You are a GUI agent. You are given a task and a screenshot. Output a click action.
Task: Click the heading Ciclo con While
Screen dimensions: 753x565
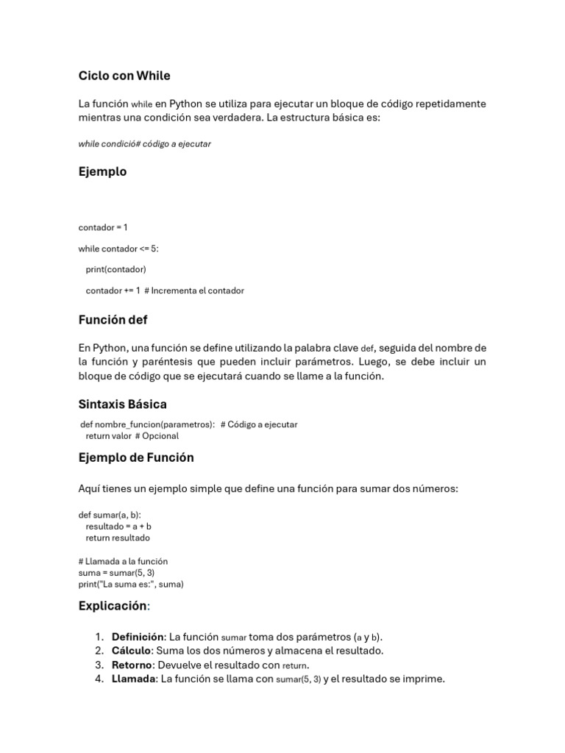click(x=124, y=76)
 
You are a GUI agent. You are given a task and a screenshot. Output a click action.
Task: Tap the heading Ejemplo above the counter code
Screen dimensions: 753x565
click(x=102, y=171)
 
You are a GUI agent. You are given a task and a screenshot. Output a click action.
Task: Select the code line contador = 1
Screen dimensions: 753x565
click(x=103, y=227)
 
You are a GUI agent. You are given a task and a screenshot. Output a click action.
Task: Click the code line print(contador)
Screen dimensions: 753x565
click(x=116, y=269)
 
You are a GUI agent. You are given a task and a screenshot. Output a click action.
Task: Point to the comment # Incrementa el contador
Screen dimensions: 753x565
click(x=194, y=290)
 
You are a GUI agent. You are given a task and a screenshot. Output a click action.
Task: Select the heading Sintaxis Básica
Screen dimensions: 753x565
click(x=122, y=404)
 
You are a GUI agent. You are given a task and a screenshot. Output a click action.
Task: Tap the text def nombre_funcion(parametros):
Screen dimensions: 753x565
click(x=147, y=424)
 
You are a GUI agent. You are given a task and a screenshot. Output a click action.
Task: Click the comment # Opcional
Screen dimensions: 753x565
click(x=157, y=436)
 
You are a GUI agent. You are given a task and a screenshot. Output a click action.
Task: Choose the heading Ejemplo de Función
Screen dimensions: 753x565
click(x=136, y=457)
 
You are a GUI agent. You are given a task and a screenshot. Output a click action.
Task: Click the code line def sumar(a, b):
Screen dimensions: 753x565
click(x=110, y=515)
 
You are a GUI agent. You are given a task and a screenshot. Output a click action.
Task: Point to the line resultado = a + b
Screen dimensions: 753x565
click(x=118, y=527)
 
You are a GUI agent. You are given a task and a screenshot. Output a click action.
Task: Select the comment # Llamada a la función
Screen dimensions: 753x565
click(x=123, y=561)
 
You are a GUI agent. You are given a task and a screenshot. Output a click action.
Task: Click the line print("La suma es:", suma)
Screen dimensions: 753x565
click(x=131, y=585)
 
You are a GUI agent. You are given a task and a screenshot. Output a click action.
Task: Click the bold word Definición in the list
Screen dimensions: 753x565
click(x=138, y=637)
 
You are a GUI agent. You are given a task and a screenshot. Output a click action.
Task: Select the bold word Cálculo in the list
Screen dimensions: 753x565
click(x=131, y=651)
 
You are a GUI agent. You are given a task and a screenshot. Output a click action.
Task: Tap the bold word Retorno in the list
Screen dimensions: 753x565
click(x=131, y=665)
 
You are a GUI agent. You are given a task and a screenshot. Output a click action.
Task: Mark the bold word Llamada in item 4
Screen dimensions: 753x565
click(x=133, y=679)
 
